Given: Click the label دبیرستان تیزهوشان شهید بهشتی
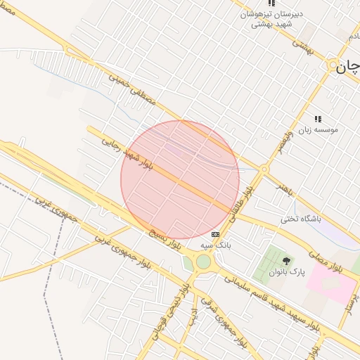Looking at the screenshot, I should pos(267,19).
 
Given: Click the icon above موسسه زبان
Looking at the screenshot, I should pos(318,119).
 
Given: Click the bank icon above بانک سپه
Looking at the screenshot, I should pos(214,234).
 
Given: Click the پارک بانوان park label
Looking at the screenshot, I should pos(288,272).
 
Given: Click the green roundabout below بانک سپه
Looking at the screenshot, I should pos(203,262).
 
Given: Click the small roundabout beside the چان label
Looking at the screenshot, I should pos(333,65).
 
